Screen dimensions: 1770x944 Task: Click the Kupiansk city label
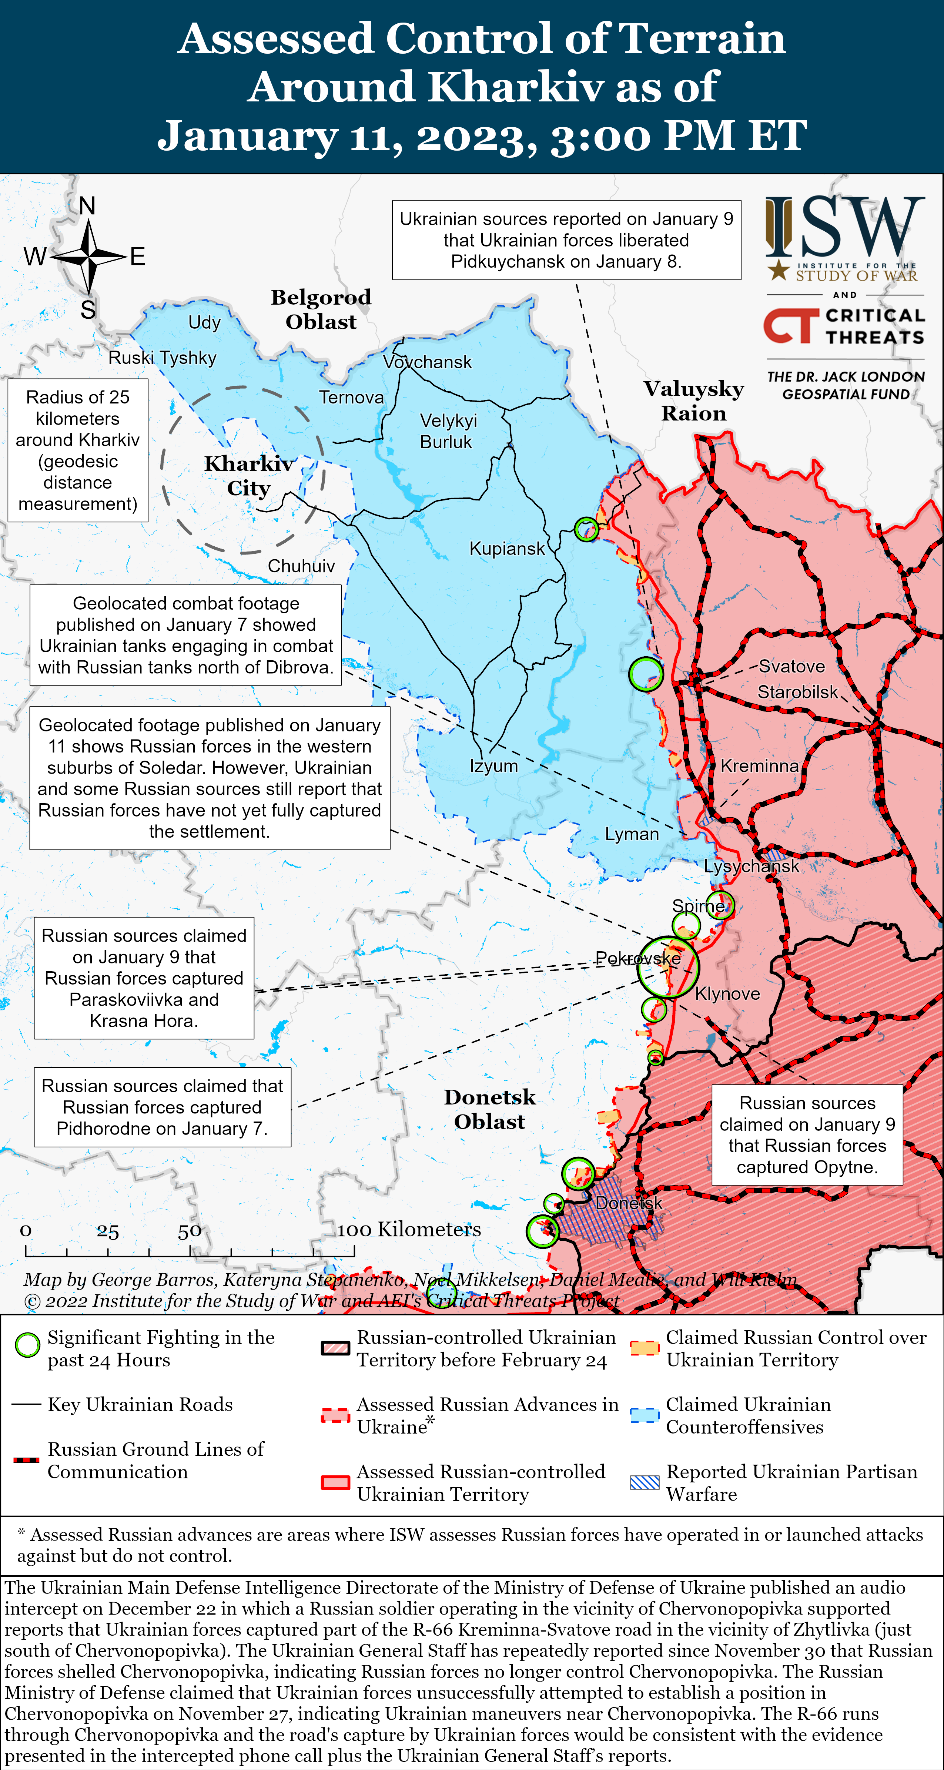pyautogui.click(x=506, y=548)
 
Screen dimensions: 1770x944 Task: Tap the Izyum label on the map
pyautogui.click(x=493, y=765)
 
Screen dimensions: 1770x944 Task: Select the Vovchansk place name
pyautogui.click(x=427, y=362)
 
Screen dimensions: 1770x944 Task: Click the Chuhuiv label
pyautogui.click(x=301, y=566)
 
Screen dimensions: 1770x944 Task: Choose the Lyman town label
pyautogui.click(x=632, y=834)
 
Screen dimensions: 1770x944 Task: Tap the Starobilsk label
pyautogui.click(x=797, y=692)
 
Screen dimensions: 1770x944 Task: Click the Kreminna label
pyautogui.click(x=759, y=766)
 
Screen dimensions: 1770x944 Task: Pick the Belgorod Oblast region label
pyautogui.click(x=321, y=309)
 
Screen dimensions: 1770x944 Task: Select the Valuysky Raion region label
pyautogui.click(x=694, y=400)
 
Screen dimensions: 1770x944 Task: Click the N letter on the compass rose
pyautogui.click(x=87, y=205)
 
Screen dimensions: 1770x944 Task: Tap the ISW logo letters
pyautogui.click(x=845, y=227)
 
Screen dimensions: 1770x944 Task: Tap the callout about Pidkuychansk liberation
pyautogui.click(x=566, y=240)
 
